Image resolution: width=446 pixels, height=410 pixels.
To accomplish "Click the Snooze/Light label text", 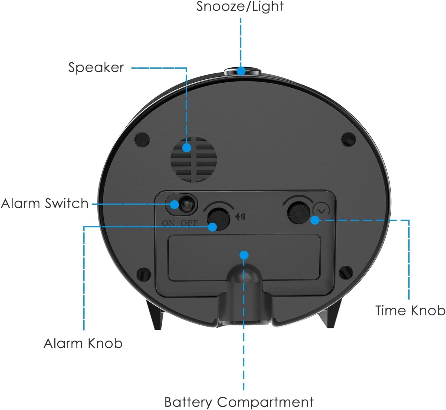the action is point(240,7).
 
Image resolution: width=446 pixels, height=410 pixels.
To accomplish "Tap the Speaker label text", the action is point(96,67).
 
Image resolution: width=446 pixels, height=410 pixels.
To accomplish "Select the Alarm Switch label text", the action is point(45,204).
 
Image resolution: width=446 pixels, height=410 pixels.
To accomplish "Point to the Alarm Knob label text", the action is point(83,343).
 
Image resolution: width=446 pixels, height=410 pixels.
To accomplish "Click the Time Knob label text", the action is point(410,310).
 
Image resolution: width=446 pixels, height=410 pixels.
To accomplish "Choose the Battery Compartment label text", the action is point(239,402).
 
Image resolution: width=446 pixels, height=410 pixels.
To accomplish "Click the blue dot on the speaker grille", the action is point(187,147).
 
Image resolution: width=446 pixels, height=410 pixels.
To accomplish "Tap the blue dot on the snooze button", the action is point(241,71).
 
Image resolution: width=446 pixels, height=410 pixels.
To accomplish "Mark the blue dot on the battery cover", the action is point(244,255).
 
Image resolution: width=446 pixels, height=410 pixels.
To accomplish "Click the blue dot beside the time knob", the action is point(315,220).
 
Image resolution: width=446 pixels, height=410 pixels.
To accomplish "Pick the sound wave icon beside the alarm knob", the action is point(240,216).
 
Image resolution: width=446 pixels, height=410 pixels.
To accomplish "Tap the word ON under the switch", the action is point(169,223).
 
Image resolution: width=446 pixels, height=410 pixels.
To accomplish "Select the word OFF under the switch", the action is point(189,223).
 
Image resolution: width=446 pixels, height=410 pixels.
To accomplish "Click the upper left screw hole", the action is point(142,139).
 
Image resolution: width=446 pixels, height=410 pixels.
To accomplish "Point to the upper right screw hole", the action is point(348,139).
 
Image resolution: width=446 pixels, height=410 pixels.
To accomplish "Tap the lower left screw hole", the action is point(144,274).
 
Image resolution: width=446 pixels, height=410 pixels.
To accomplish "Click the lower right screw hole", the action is point(346,272).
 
